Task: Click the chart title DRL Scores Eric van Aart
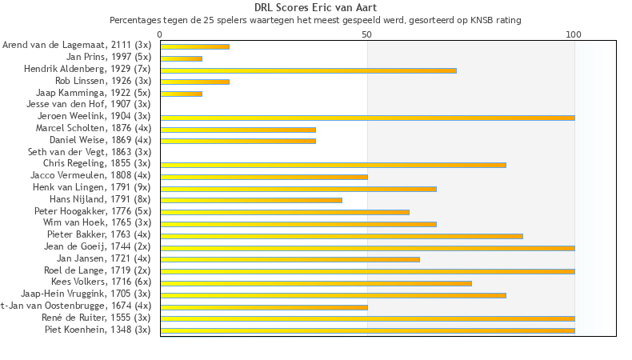tap(315, 8)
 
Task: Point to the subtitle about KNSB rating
tap(315, 20)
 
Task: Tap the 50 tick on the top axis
tap(367, 34)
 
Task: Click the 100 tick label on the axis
tap(574, 34)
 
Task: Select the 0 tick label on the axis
tap(160, 34)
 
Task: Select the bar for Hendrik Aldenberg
tap(308, 70)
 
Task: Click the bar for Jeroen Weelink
tap(367, 118)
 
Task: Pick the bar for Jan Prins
tap(181, 58)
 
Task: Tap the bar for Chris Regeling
tap(333, 165)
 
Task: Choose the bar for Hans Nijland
tap(251, 200)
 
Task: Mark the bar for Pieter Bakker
tap(342, 236)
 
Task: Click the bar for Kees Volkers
tap(316, 283)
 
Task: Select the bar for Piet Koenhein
tap(367, 330)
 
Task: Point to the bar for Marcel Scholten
tap(238, 130)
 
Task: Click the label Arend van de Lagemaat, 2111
tap(76, 46)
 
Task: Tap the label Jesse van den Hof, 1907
tap(88, 104)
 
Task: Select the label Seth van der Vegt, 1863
tap(89, 151)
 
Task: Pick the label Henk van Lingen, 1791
tap(91, 186)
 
